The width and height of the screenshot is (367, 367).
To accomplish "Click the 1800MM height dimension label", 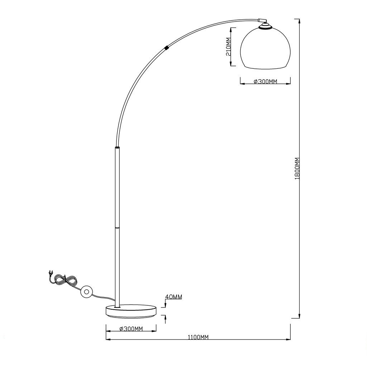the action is pyautogui.click(x=297, y=168).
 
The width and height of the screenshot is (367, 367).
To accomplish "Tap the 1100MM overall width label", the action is pyautogui.click(x=198, y=337).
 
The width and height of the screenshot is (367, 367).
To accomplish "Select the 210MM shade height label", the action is pyautogui.click(x=228, y=47).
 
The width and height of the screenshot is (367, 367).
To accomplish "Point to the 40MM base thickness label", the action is pyautogui.click(x=173, y=297).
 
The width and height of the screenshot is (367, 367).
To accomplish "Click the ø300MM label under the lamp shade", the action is pyautogui.click(x=265, y=81).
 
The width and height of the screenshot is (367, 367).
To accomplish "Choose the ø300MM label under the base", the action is pyautogui.click(x=131, y=329).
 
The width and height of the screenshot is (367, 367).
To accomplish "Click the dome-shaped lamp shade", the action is pyautogui.click(x=265, y=48).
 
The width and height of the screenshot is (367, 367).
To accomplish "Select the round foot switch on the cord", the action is pyautogui.click(x=86, y=292).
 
